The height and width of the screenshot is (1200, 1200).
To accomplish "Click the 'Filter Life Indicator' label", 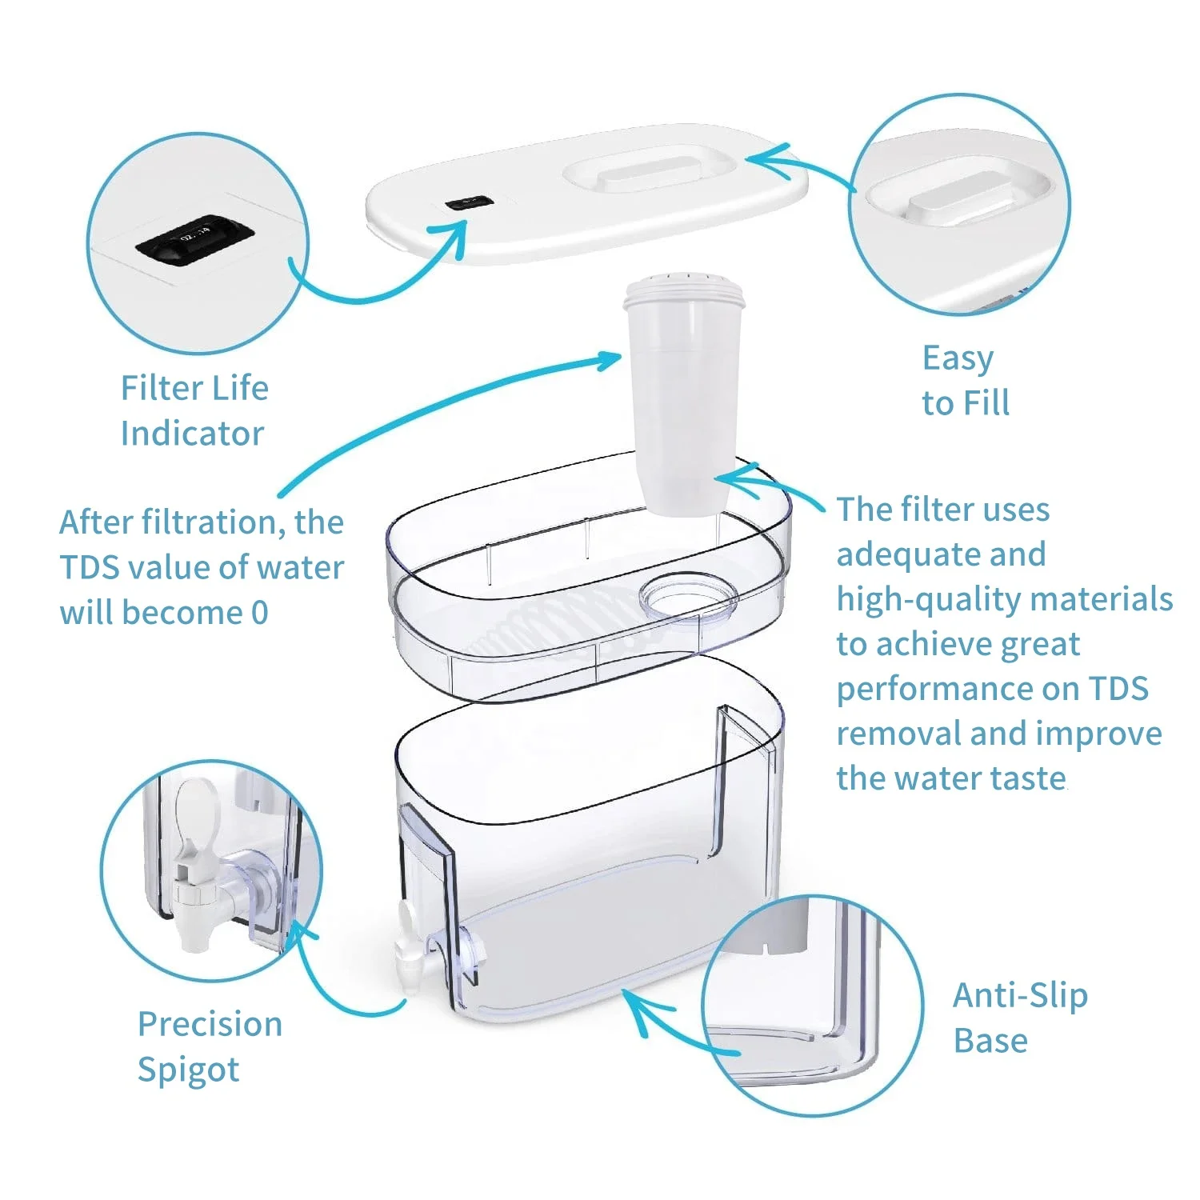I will tap(194, 410).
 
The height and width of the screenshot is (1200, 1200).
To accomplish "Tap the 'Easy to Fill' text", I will tap(965, 381).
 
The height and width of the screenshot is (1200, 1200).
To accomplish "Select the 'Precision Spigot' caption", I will tap(210, 1046).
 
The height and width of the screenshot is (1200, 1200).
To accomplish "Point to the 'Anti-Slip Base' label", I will tap(1020, 1018).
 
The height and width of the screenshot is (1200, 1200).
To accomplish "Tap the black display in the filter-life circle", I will tap(194, 238).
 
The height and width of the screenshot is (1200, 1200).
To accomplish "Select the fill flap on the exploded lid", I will tap(650, 171).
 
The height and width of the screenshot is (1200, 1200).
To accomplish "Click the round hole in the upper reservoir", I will tap(688, 595).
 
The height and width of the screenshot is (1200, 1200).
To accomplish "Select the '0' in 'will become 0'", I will tap(260, 613).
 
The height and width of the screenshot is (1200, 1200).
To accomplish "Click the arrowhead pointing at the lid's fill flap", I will tap(756, 158).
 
